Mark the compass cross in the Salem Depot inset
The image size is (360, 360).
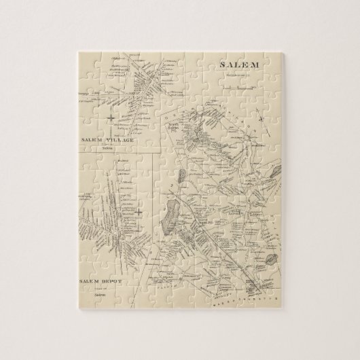138,211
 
